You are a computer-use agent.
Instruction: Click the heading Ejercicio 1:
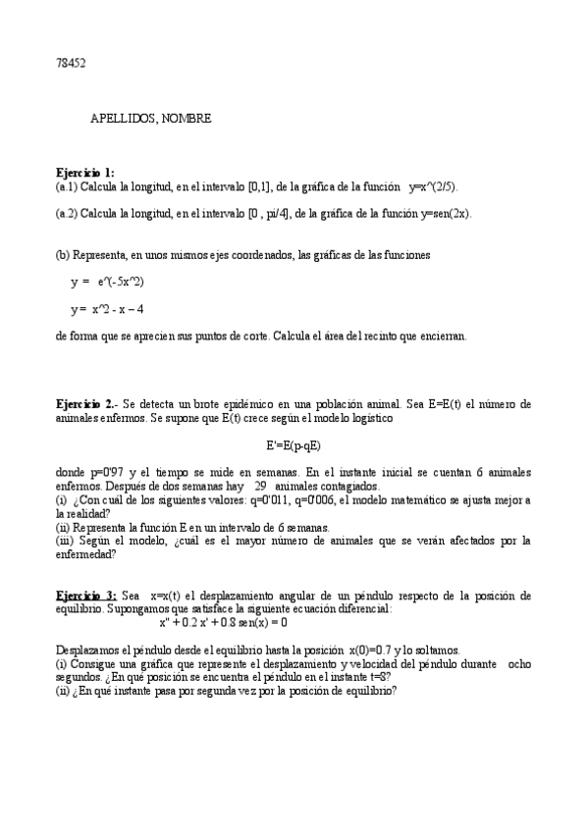click(85, 173)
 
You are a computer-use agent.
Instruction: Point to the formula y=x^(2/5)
click(434, 185)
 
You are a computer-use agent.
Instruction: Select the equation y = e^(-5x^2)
click(107, 282)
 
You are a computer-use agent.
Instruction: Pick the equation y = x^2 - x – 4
click(107, 309)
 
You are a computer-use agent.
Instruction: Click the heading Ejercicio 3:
click(86, 595)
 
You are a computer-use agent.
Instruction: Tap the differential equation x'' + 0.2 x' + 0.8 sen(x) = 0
click(223, 621)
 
